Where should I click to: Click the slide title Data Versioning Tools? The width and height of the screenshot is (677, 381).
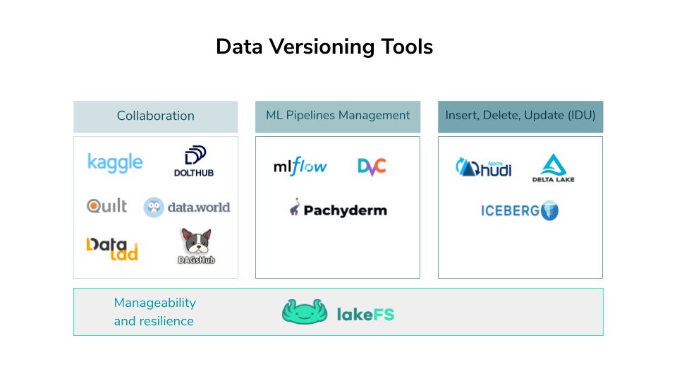point(324,47)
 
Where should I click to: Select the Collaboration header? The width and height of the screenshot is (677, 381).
point(156,116)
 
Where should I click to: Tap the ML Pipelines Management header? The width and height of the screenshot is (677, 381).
point(338,115)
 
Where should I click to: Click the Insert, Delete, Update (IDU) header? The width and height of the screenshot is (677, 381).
point(520,115)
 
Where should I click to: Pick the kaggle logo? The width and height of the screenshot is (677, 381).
point(115,162)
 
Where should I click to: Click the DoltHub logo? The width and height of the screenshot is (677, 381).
point(194,162)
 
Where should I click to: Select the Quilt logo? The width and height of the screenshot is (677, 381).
point(107,205)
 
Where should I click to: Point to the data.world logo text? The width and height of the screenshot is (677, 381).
point(199,207)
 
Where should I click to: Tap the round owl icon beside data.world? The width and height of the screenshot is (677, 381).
point(154,207)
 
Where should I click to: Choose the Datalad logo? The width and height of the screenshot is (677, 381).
point(112,248)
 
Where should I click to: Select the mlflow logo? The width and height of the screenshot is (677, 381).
point(300,167)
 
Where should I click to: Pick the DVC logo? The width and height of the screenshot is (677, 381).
point(372,167)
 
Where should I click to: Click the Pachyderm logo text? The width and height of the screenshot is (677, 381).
point(346,210)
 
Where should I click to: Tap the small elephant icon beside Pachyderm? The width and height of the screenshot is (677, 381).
point(295,207)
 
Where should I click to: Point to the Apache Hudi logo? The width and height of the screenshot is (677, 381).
point(484,168)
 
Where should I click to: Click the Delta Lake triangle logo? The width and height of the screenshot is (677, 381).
point(553,165)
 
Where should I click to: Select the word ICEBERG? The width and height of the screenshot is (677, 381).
point(511,210)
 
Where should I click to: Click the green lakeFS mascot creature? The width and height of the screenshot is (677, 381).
point(305,312)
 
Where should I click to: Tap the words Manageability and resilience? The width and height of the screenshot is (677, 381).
point(154,312)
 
